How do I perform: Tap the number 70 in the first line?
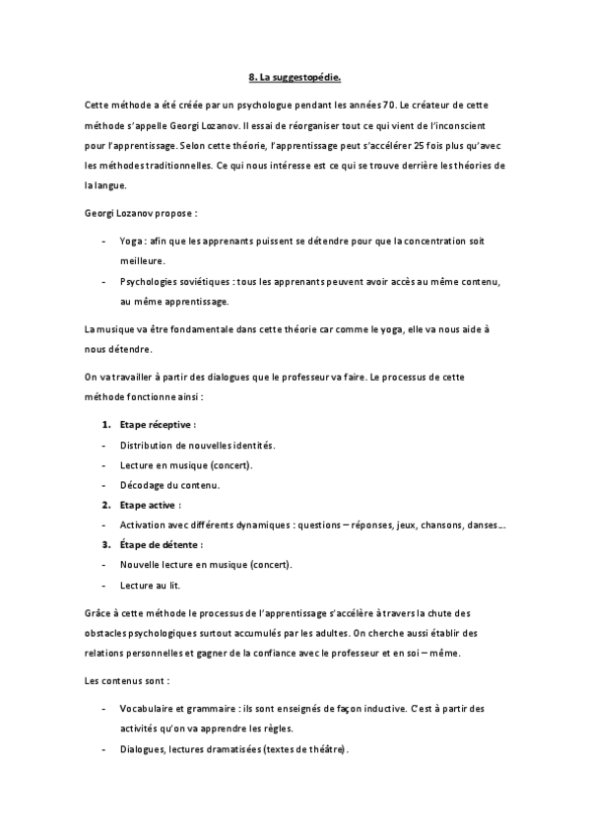(x=361, y=104)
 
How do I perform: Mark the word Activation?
(x=144, y=524)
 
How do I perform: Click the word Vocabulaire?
(x=150, y=709)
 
